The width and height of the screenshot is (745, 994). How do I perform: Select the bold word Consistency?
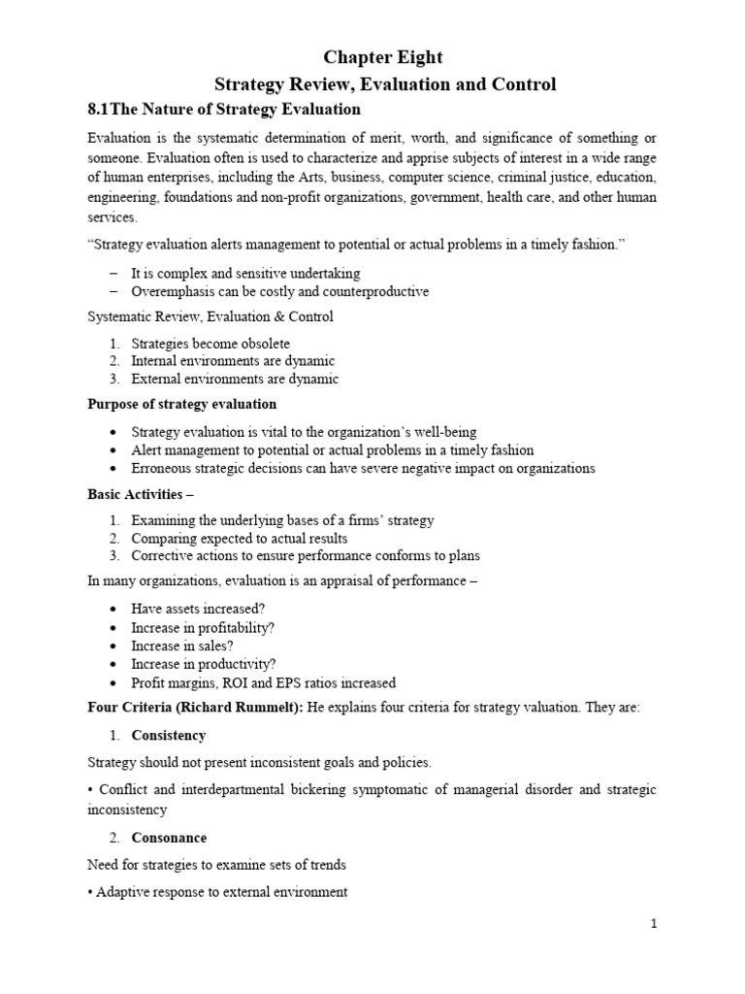tap(169, 735)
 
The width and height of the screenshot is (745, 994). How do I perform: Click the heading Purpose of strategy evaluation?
tap(181, 404)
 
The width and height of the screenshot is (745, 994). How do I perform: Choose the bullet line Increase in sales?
tap(182, 646)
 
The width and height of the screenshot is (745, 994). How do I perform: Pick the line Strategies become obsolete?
tap(211, 343)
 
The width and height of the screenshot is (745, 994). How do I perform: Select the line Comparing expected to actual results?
tap(239, 538)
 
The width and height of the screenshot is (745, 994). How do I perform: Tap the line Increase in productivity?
tap(203, 664)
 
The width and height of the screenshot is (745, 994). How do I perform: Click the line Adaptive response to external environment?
tap(221, 892)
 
